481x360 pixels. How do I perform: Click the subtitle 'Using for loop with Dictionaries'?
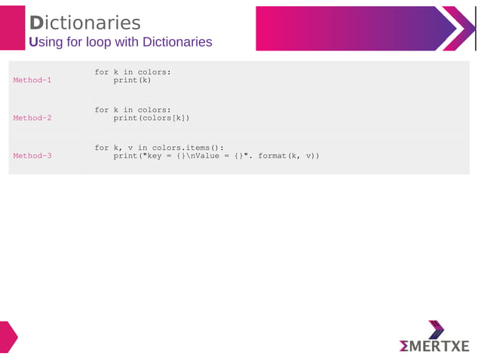pyautogui.click(x=121, y=42)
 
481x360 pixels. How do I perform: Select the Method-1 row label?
pyautogui.click(x=32, y=80)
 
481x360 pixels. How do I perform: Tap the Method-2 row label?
pyautogui.click(x=32, y=117)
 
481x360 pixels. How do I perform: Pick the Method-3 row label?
pyautogui.click(x=32, y=156)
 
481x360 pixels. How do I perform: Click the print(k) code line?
pyautogui.click(x=132, y=80)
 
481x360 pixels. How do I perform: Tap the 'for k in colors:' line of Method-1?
pyautogui.click(x=133, y=72)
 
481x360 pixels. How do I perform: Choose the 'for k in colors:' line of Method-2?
pyautogui.click(x=133, y=110)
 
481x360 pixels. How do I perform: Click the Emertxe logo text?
pyautogui.click(x=434, y=346)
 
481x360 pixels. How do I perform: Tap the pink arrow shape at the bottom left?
pyautogui.click(x=8, y=337)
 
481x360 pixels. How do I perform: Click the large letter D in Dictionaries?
pyautogui.click(x=36, y=23)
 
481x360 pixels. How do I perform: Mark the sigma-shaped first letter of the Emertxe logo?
pyautogui.click(x=405, y=346)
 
